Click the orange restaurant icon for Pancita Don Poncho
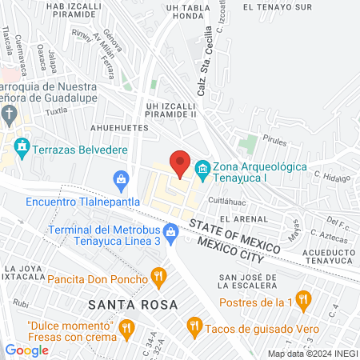click(x=159, y=278)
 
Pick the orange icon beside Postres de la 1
click(x=302, y=301)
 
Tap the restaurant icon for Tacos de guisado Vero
click(x=194, y=326)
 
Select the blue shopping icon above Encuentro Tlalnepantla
click(x=121, y=178)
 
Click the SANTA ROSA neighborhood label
click(x=127, y=304)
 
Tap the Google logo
click(x=27, y=350)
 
